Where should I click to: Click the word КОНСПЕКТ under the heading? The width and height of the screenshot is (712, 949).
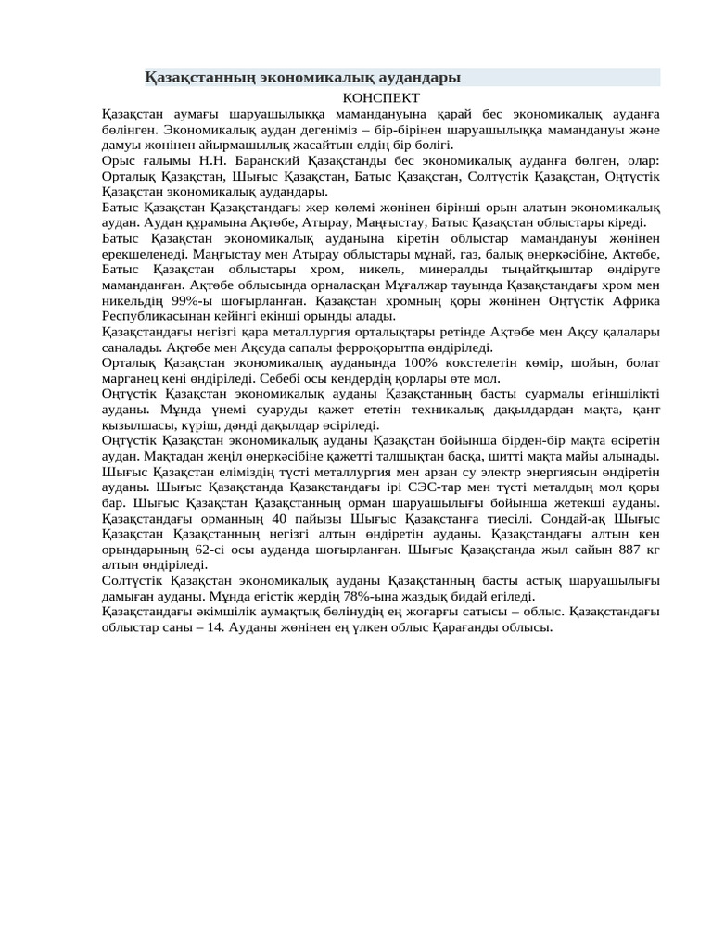[x=381, y=97]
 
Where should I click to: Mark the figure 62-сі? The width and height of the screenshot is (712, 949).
[x=208, y=550]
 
